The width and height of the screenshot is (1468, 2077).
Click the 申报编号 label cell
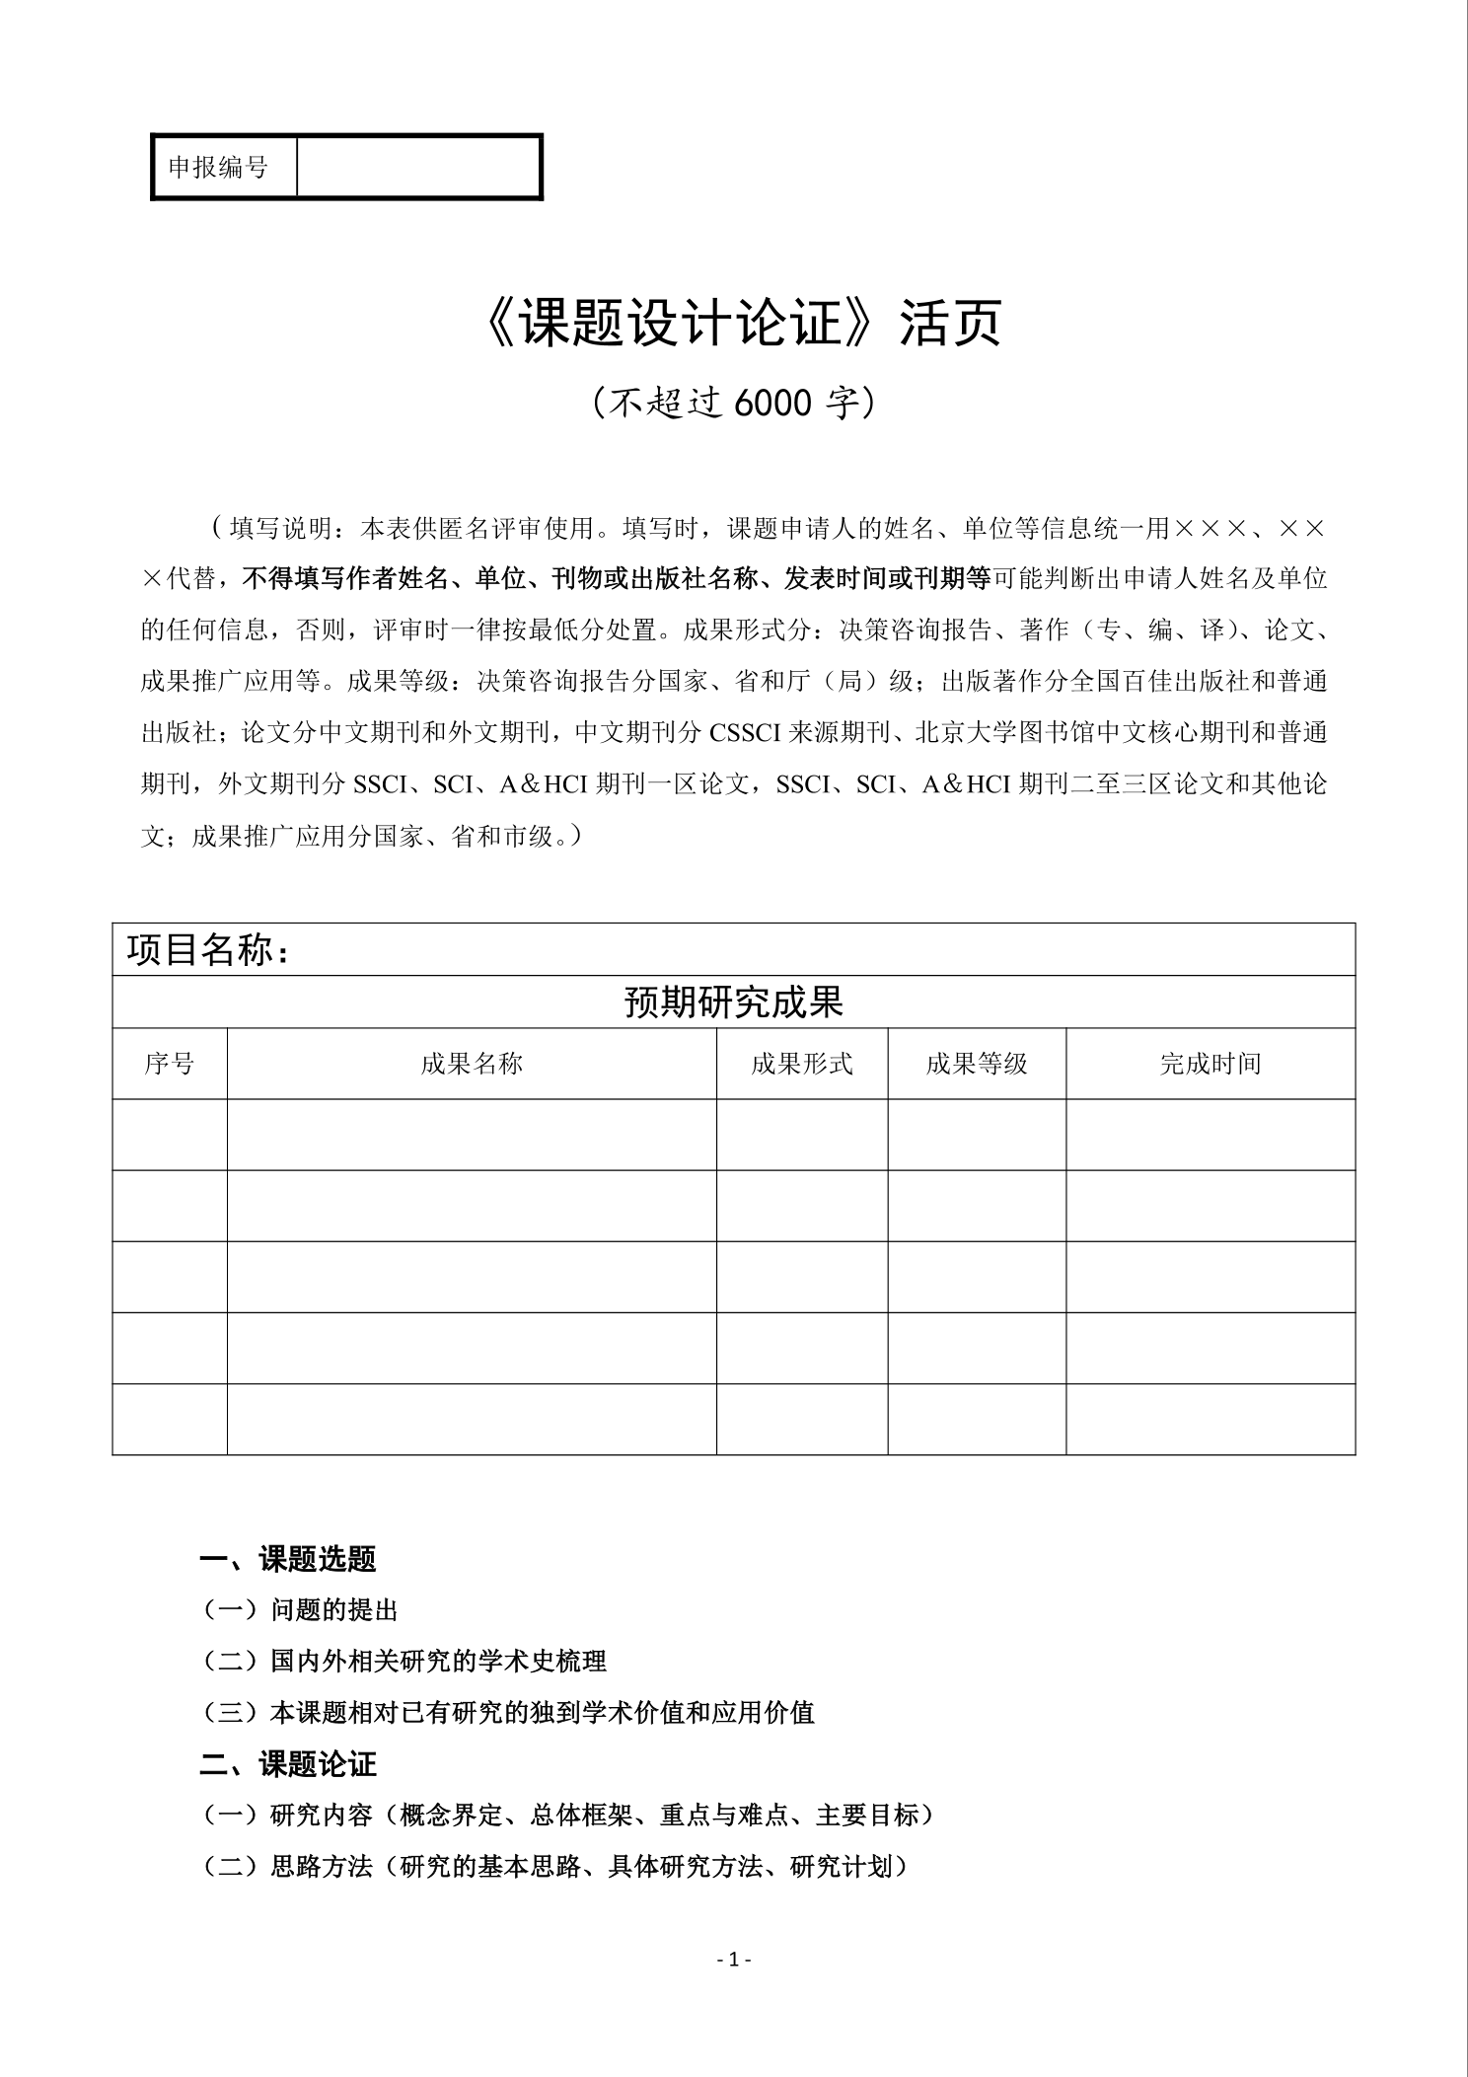(x=218, y=168)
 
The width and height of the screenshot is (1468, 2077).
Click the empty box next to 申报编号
(x=418, y=168)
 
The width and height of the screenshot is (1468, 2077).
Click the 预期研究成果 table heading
(x=734, y=1002)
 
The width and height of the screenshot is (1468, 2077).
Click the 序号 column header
(x=170, y=1064)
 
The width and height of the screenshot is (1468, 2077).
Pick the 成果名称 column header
(x=472, y=1064)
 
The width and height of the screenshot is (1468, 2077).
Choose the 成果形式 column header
(x=801, y=1064)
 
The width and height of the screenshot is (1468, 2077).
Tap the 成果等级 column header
(x=977, y=1064)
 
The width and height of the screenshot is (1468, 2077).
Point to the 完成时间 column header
(x=1211, y=1064)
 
